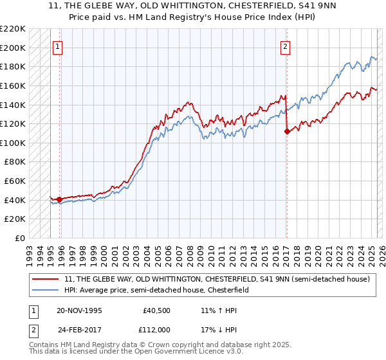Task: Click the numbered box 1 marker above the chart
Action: (58, 46)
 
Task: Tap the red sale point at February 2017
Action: (286, 131)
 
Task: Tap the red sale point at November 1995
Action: (59, 199)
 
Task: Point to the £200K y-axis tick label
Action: (13, 48)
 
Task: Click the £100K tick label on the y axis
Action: (13, 143)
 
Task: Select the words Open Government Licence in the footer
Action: (184, 352)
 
